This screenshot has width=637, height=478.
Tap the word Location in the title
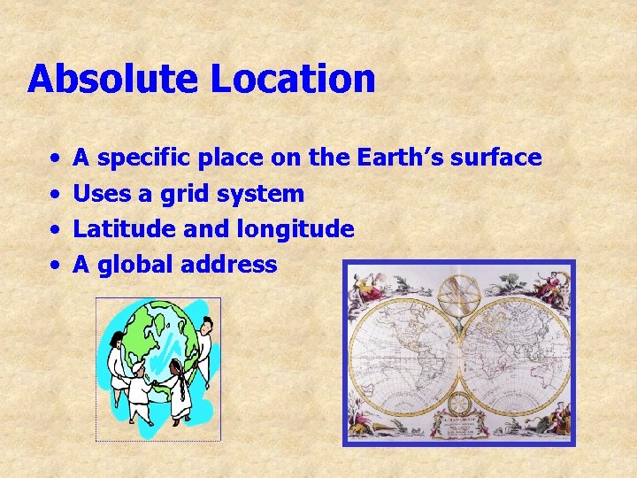tap(293, 79)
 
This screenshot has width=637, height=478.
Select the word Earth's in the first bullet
tap(401, 158)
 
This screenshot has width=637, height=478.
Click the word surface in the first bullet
tap(496, 158)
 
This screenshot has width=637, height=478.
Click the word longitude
tap(296, 229)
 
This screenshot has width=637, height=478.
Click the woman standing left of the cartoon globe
tap(116, 358)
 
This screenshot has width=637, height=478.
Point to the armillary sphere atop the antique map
tap(459, 293)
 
